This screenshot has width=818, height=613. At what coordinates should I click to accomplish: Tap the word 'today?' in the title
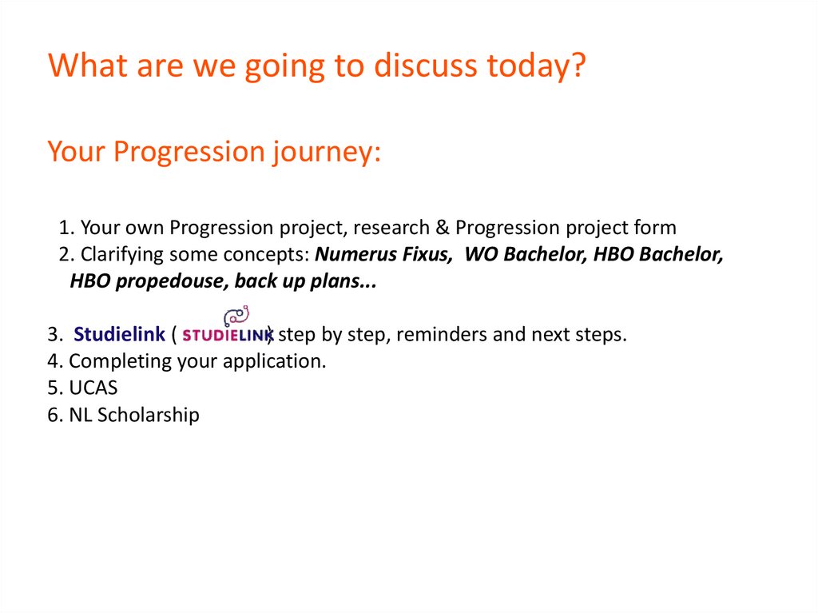coord(537,66)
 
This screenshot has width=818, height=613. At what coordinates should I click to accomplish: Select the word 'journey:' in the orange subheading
coord(326,153)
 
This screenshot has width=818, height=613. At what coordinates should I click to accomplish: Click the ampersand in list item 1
coord(443,228)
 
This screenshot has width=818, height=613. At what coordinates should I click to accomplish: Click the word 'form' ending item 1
coord(655,228)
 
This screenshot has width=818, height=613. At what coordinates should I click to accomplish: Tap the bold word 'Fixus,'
coord(425,254)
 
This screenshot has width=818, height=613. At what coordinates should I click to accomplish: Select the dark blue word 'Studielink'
coord(119,334)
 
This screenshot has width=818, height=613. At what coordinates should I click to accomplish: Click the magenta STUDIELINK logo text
coord(228,335)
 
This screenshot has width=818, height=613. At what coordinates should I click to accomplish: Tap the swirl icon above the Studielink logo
coord(236,316)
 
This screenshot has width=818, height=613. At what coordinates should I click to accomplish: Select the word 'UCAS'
coord(93,388)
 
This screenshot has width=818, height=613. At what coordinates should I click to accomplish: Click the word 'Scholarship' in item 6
coord(148,415)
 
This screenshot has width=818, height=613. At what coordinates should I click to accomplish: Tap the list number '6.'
coord(55,415)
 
